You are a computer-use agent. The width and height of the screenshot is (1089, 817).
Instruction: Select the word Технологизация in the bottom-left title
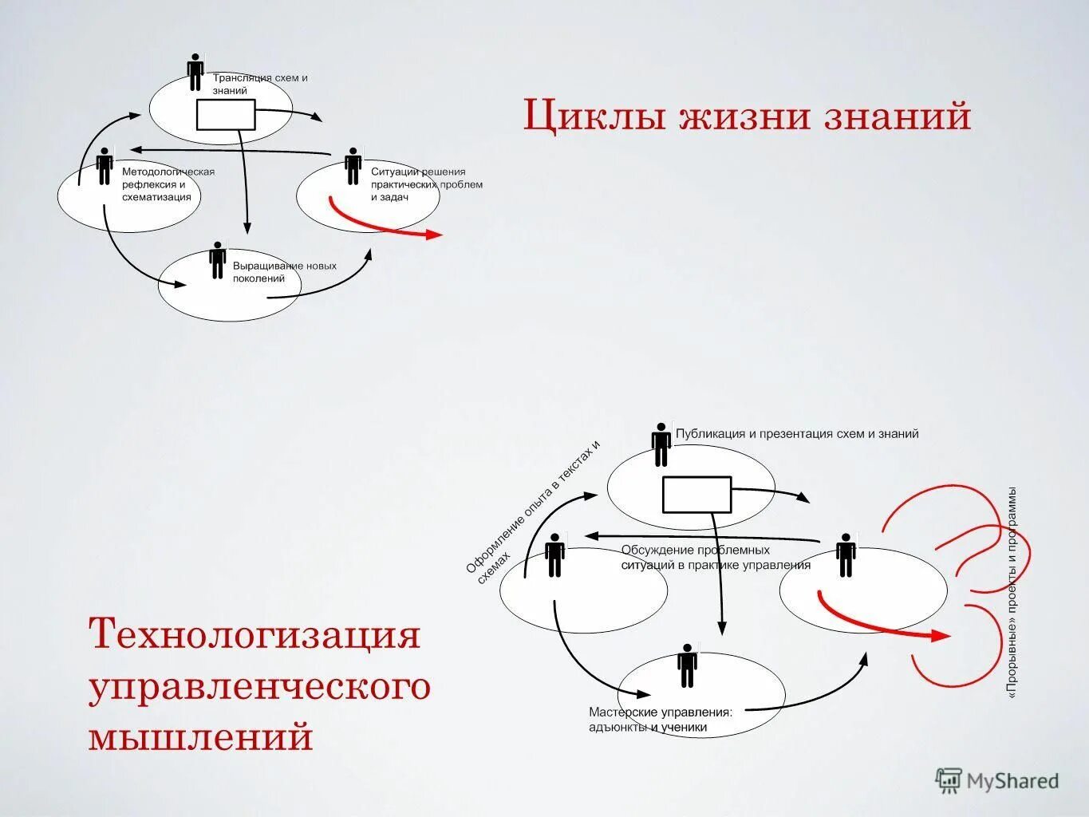(254, 636)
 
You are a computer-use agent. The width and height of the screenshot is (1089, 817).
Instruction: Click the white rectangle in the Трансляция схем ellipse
(226, 116)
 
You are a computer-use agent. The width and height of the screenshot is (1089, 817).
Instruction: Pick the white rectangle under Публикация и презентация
(696, 494)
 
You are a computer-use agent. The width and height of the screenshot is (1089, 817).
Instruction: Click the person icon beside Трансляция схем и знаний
(195, 73)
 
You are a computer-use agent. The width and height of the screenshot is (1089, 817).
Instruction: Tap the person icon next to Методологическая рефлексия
(105, 166)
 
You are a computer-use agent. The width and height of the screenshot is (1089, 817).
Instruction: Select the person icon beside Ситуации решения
(353, 166)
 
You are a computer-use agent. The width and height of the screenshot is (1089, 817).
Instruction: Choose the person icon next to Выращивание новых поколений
(217, 260)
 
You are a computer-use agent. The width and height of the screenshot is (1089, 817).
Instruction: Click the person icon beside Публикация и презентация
(661, 444)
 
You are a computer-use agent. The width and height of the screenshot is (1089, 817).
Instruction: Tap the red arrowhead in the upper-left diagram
(434, 235)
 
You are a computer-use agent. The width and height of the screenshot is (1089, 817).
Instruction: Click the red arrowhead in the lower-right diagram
(941, 636)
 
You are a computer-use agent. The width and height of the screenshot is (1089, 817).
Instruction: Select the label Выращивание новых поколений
(284, 272)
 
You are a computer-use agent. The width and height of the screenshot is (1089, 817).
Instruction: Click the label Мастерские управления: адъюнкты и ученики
(661, 719)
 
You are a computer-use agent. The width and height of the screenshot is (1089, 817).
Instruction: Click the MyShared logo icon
(949, 780)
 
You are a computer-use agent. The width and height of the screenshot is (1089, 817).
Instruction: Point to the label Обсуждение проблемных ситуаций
(716, 558)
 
